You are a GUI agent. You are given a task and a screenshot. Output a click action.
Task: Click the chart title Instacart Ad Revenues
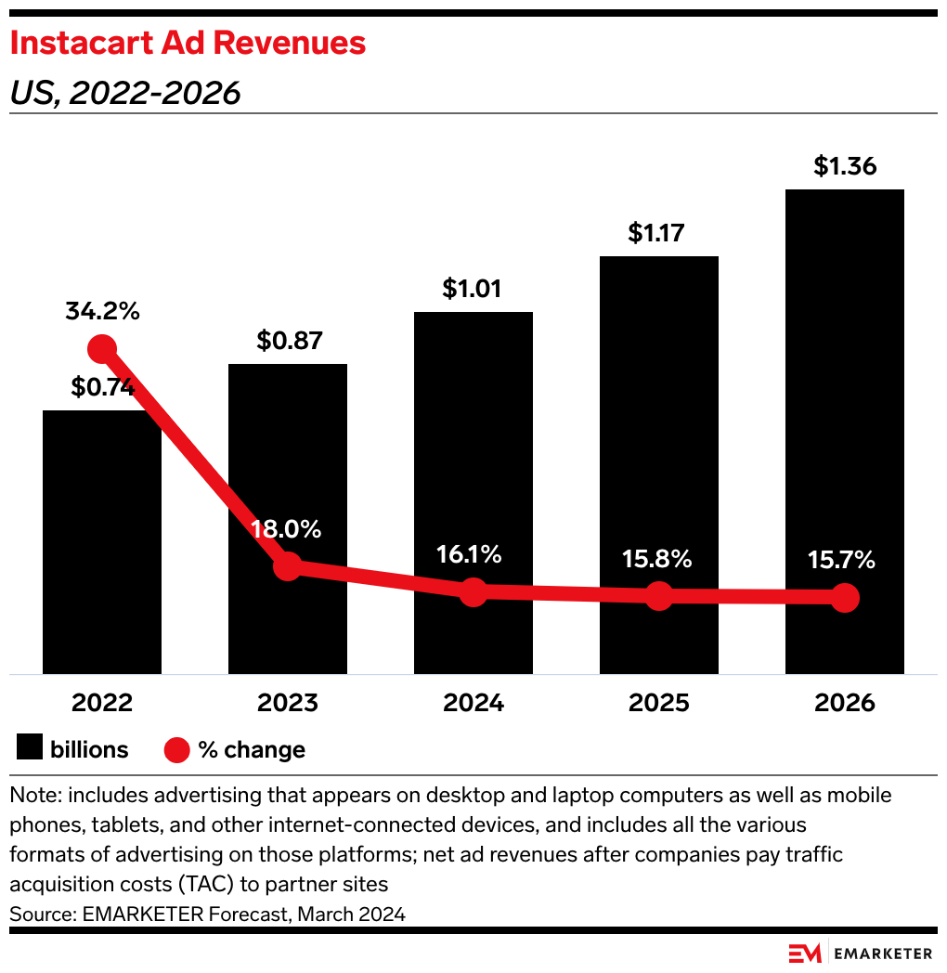point(188,43)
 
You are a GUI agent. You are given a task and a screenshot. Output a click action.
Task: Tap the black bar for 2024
point(473,464)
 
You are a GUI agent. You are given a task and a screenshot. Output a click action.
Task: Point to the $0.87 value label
point(290,341)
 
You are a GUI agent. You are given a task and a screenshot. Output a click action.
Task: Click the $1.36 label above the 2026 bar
point(845,166)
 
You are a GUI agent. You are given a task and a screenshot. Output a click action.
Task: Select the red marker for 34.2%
point(102,349)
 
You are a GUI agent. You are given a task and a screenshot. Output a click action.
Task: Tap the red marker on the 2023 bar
point(288,565)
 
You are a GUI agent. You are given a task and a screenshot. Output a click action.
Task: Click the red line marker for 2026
point(844,598)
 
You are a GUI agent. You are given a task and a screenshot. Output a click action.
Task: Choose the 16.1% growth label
point(470,555)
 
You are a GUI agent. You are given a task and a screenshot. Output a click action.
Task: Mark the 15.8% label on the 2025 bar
point(657,560)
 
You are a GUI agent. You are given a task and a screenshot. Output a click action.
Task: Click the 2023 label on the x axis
point(288,703)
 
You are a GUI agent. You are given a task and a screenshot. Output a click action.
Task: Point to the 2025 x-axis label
point(658,703)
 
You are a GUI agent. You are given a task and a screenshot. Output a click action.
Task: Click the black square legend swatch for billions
point(30,749)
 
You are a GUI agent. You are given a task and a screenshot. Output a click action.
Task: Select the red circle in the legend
point(176,750)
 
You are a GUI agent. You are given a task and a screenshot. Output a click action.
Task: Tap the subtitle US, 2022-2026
point(124,93)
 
